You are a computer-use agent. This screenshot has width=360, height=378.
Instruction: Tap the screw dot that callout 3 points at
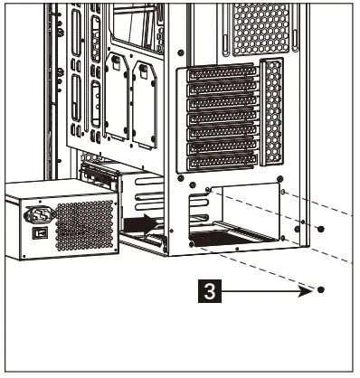click(x=321, y=291)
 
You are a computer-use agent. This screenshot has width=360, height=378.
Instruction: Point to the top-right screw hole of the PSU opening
click(x=283, y=192)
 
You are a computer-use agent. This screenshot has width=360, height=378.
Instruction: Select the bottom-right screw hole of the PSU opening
click(x=283, y=238)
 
